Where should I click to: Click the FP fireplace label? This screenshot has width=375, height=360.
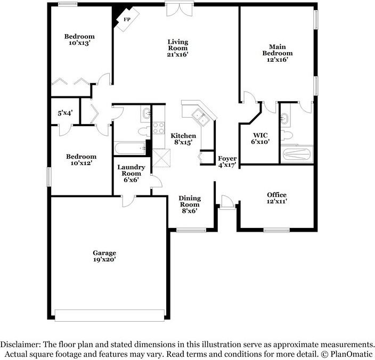127,20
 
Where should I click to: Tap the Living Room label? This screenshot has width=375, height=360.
178,48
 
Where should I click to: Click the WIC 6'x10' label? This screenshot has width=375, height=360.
260,138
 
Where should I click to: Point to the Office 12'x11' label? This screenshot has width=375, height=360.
276,198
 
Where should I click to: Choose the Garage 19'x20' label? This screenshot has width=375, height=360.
104,256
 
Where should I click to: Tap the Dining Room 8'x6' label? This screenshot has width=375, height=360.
189,204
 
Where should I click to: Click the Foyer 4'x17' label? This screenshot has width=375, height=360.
227,162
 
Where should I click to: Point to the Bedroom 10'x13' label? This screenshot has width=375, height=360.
79,40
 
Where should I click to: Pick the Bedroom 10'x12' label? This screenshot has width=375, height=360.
81,160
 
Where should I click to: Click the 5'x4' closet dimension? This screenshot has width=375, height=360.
65,113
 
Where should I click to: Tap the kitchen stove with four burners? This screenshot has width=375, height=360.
159,128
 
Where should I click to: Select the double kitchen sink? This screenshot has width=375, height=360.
200,116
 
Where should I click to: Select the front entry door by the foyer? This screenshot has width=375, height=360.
226,202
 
